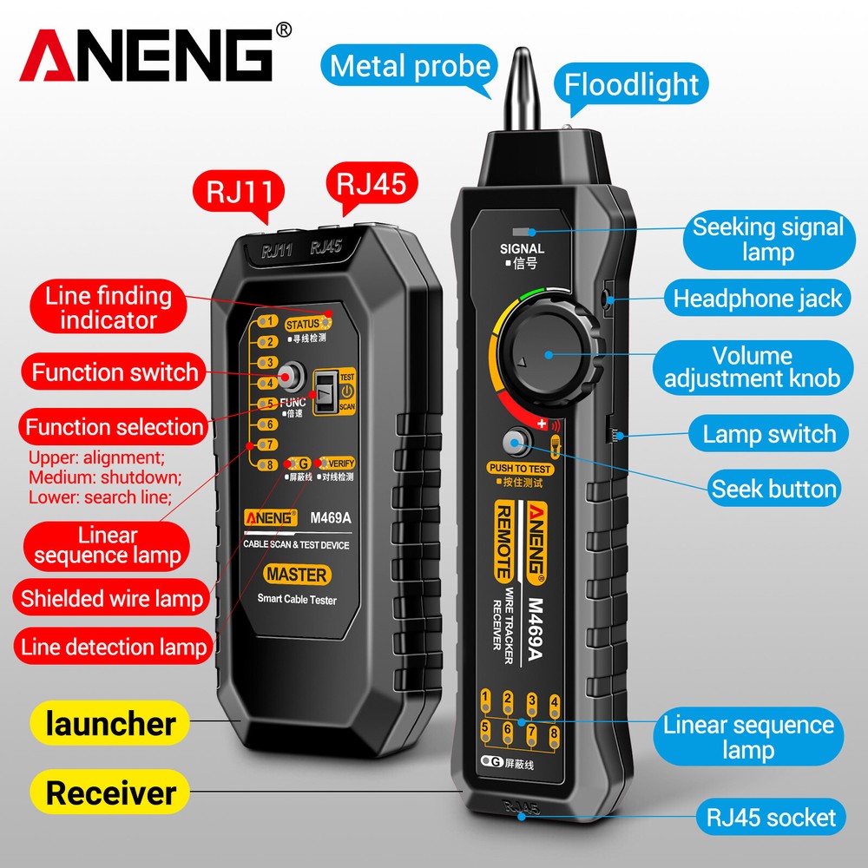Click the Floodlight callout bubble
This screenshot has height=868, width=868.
pyautogui.click(x=631, y=84)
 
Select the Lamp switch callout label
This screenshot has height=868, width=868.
pyautogui.click(x=769, y=434)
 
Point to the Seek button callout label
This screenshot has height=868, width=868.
pyautogui.click(x=774, y=489)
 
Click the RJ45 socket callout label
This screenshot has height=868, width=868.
pyautogui.click(x=771, y=817)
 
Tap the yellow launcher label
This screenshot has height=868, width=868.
pyautogui.click(x=111, y=723)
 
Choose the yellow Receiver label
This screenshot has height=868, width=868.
pyautogui.click(x=111, y=792)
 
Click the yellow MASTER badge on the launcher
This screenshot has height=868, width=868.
pyautogui.click(x=297, y=574)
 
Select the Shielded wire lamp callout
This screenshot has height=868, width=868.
pyautogui.click(x=111, y=598)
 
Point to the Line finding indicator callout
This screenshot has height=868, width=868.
pyautogui.click(x=108, y=307)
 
